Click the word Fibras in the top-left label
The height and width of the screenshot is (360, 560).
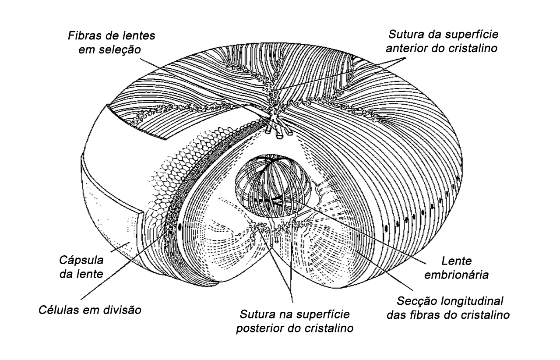tap(81, 35)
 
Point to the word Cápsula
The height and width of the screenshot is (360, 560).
tap(81, 260)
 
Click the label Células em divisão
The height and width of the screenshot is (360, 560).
tap(89, 311)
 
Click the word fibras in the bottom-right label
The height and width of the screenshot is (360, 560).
tap(439, 315)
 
